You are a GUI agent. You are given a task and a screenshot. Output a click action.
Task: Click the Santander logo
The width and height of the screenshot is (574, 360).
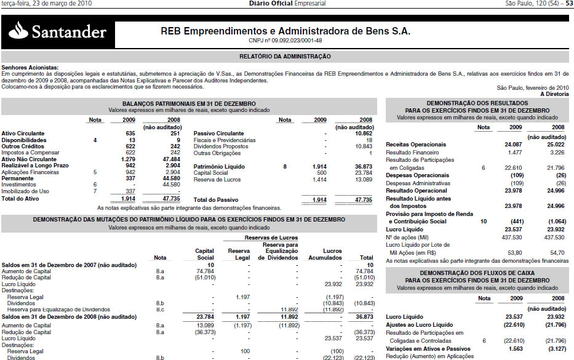point(58,30)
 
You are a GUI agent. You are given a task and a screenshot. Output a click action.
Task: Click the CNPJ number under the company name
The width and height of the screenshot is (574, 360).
point(285,41)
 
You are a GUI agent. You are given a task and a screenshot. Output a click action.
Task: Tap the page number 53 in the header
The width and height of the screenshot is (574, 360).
point(569,4)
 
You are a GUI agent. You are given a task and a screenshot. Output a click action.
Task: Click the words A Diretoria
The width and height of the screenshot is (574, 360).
point(554,94)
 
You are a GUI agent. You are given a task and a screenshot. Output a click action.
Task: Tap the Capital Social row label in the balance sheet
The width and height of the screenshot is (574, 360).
point(211,173)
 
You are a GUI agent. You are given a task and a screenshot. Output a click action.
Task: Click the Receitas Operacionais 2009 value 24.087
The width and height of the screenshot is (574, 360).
point(512,145)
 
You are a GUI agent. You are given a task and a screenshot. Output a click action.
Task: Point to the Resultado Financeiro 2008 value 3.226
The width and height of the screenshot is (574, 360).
point(555,152)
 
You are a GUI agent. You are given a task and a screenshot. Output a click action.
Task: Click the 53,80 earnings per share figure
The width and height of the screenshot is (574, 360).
point(514,252)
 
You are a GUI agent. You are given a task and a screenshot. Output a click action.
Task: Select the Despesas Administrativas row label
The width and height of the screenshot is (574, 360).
point(419,183)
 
